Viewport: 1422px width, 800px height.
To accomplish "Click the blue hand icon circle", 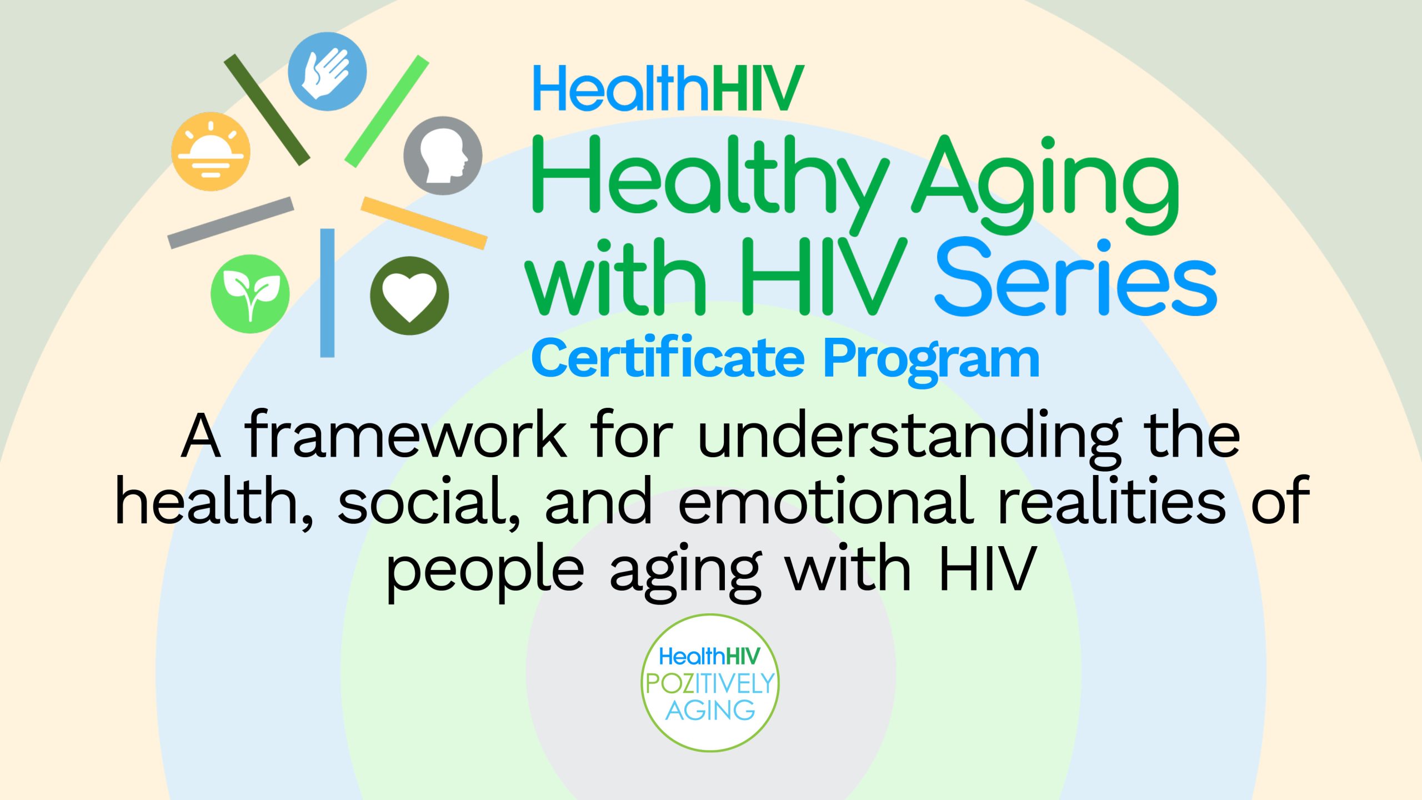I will (327, 72).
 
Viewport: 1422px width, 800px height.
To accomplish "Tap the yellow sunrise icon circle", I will (211, 152).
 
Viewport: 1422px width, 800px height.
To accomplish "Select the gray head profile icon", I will (443, 156).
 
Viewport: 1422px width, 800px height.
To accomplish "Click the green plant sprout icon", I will (250, 294).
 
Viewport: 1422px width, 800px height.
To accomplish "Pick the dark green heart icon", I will (409, 296).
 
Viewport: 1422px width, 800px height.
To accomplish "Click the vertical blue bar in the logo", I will (327, 293).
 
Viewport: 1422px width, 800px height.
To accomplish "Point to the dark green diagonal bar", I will (267, 109).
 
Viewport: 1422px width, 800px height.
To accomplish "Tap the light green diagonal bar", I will (387, 111).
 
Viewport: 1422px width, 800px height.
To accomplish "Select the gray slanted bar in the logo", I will (231, 222).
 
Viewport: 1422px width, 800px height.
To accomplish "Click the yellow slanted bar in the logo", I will (424, 223).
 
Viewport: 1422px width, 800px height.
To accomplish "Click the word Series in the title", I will (1076, 278).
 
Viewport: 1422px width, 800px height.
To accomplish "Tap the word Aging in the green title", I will (1044, 178).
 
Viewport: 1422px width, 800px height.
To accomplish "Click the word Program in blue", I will (931, 359).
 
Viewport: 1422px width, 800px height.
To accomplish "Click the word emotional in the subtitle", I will (825, 502).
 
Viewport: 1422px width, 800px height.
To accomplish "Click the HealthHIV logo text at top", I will (668, 89).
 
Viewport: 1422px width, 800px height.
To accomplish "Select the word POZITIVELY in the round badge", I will (710, 684).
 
